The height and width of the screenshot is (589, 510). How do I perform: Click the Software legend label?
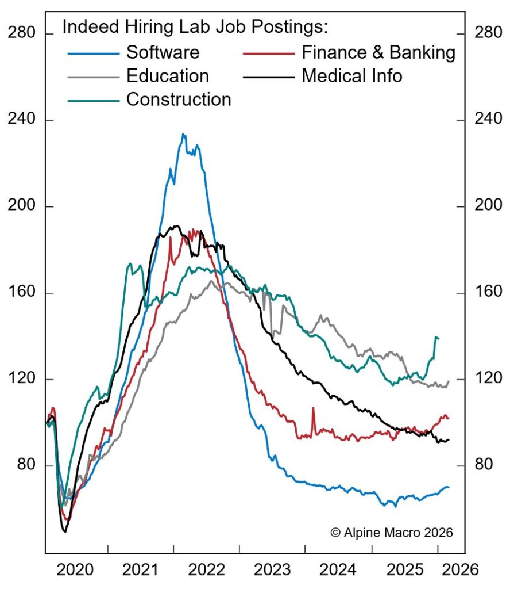pos(163,52)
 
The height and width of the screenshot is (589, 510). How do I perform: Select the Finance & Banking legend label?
pos(378,52)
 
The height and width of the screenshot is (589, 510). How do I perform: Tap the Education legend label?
pos(167,76)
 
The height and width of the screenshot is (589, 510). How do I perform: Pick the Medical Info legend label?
pos(351,76)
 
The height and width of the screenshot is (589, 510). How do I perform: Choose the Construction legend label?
pos(178,100)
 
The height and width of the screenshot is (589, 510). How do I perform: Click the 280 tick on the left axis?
pos(22,33)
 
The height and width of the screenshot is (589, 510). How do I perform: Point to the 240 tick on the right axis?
pos(488,120)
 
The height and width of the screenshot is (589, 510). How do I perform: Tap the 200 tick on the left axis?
pos(22,206)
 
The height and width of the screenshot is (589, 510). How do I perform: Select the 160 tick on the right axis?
pos(488,292)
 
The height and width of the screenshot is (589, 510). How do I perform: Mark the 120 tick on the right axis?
pos(488,378)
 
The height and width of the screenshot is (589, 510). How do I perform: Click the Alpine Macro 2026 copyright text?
pos(392,532)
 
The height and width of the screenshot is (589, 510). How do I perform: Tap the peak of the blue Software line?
pos(183,135)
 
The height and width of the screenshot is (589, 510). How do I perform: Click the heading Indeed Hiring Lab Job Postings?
pos(195,27)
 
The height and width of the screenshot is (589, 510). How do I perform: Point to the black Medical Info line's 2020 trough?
pos(65,531)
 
